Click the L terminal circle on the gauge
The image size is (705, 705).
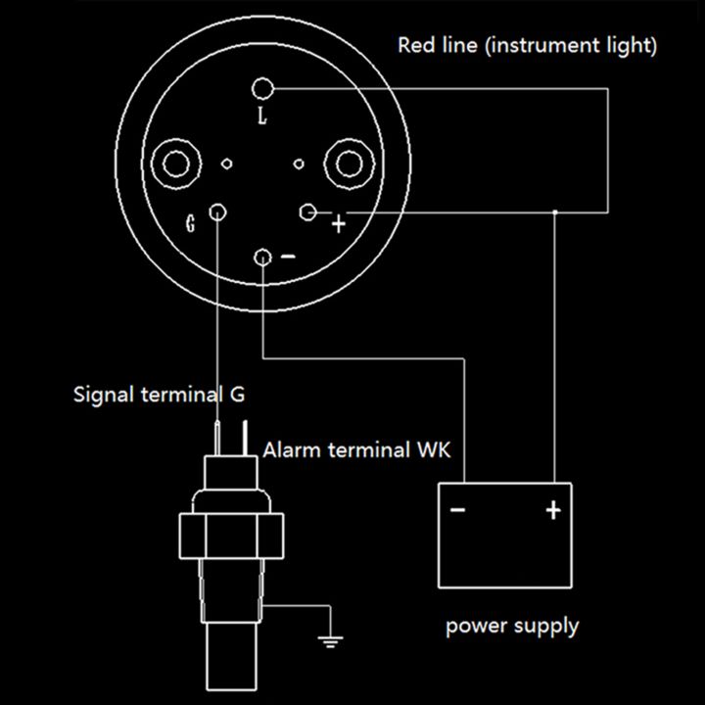(x=262, y=89)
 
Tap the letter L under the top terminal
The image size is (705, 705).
(x=261, y=117)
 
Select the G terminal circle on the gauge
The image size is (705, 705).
(x=219, y=212)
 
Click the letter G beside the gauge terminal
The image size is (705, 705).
(x=191, y=222)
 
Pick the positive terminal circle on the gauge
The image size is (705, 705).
(x=307, y=211)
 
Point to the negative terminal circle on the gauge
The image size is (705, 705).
(x=262, y=257)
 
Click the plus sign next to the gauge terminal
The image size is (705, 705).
(x=339, y=224)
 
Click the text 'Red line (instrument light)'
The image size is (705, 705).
(x=527, y=45)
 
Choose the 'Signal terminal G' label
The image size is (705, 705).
(x=160, y=396)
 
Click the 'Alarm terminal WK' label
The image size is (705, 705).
(x=362, y=450)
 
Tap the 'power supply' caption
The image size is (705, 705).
(x=512, y=625)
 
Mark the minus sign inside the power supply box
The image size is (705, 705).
(x=457, y=510)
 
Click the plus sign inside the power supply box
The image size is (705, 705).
(x=553, y=510)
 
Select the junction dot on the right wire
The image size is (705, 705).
(x=555, y=211)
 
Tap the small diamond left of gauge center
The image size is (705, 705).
(x=228, y=164)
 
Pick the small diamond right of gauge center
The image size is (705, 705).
(x=299, y=164)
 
